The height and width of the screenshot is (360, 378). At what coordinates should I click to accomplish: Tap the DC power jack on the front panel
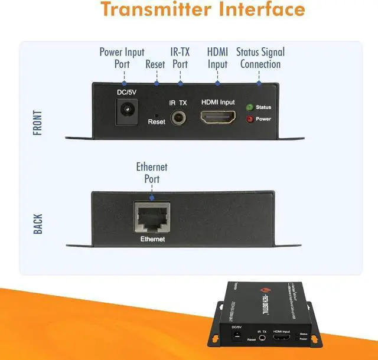pyautogui.click(x=125, y=110)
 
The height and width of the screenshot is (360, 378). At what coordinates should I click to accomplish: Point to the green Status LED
pyautogui.click(x=249, y=107)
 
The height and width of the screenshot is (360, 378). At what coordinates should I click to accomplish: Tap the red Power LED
pyautogui.click(x=249, y=119)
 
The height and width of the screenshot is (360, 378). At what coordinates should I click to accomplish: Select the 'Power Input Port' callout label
pyautogui.click(x=122, y=58)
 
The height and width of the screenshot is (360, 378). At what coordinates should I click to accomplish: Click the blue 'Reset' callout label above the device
pyautogui.click(x=156, y=64)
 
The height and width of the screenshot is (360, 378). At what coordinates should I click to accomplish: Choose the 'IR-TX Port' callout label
pyautogui.click(x=180, y=58)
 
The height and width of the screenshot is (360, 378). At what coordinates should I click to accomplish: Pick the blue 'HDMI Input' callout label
pyautogui.click(x=217, y=58)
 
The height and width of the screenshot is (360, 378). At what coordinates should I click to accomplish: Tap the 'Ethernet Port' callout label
pyautogui.click(x=152, y=173)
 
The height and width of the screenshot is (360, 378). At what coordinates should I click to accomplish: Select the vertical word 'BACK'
pyautogui.click(x=38, y=224)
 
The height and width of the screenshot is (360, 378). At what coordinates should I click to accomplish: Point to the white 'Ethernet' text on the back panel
pyautogui.click(x=152, y=240)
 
